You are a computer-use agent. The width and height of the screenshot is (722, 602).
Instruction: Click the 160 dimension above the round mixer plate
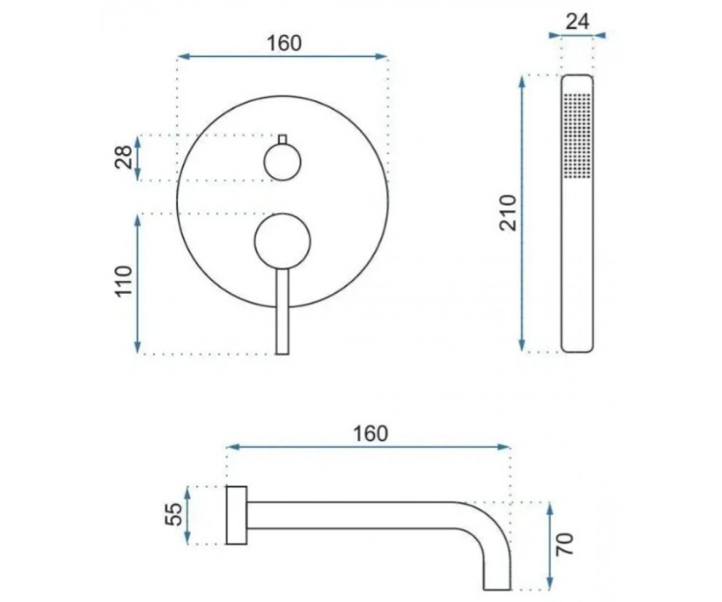click(x=284, y=43)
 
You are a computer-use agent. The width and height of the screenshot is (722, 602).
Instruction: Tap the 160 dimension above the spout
click(x=371, y=434)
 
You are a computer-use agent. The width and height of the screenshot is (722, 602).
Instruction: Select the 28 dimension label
click(x=123, y=157)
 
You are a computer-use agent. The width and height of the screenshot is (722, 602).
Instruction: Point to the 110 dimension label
click(x=124, y=281)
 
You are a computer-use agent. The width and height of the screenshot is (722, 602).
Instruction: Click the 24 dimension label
click(x=577, y=22)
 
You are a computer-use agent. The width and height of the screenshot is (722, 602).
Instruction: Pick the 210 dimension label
click(x=508, y=213)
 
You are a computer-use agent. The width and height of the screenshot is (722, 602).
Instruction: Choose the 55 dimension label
click(x=173, y=514)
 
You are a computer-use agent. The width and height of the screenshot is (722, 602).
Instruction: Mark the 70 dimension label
click(x=565, y=544)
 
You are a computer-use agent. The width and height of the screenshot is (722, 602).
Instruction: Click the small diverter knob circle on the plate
click(x=283, y=162)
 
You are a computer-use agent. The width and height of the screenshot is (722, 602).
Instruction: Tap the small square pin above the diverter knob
click(x=283, y=138)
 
